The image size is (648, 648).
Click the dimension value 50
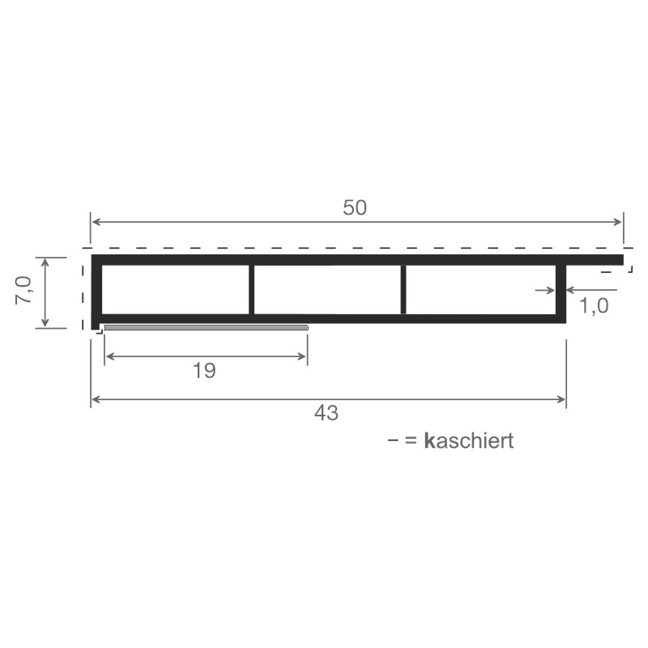355,207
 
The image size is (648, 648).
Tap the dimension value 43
326,413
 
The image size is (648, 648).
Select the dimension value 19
204,371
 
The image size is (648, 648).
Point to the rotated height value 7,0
23,291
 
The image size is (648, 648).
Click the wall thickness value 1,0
594,306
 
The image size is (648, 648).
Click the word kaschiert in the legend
469,441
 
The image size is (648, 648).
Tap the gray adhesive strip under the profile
207,328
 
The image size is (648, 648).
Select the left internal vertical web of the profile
251,289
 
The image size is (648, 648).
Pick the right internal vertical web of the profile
403,289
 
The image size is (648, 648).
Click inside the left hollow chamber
175,289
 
